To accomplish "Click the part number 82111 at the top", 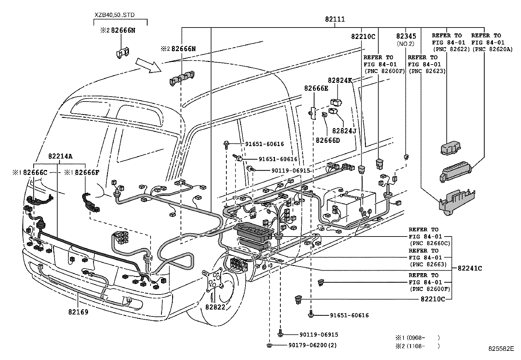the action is pos(335,20).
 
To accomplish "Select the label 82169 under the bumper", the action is pos(78,312).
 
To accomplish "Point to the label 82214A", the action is pos(60,156).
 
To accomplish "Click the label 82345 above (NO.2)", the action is pos(406,36).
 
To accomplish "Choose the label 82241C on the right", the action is pos(470,268).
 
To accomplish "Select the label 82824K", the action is pos(340,80).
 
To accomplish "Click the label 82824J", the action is pos(344,131).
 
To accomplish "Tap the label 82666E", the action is pos(316,88).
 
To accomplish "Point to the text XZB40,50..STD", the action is pos(114,15).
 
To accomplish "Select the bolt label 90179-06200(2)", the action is pos(312,345).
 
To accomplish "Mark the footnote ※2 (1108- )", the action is pos(417,346).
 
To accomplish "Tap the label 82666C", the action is pos(35,172).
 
